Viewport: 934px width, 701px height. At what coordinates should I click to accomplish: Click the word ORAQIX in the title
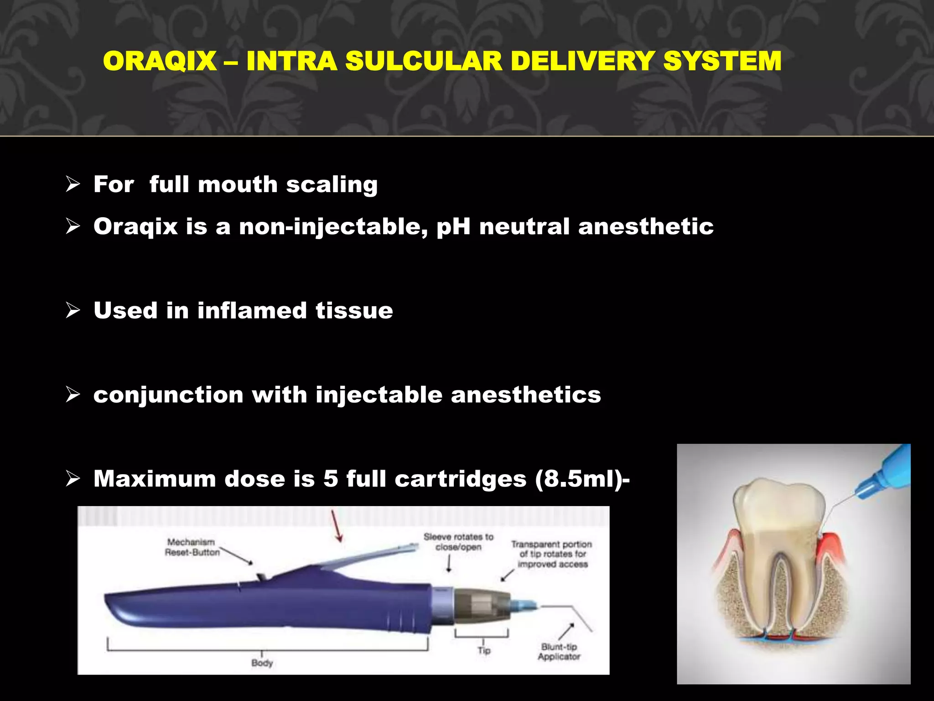(160, 61)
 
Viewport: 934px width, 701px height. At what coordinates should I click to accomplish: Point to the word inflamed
(252, 311)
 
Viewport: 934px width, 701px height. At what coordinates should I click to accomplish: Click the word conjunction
(168, 395)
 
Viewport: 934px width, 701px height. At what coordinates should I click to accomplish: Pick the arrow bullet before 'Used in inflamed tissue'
(73, 310)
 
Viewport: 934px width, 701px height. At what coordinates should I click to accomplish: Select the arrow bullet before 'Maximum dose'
(73, 479)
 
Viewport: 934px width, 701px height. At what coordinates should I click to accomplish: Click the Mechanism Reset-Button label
(192, 547)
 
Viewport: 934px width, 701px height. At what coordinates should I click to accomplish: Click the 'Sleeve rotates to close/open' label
(458, 542)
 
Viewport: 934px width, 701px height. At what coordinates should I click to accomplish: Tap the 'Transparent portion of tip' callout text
(552, 554)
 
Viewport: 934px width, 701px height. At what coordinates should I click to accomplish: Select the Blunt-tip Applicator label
(559, 652)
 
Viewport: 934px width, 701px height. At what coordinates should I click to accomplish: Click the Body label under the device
(262, 663)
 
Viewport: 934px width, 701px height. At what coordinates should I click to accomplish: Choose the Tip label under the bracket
(484, 650)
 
